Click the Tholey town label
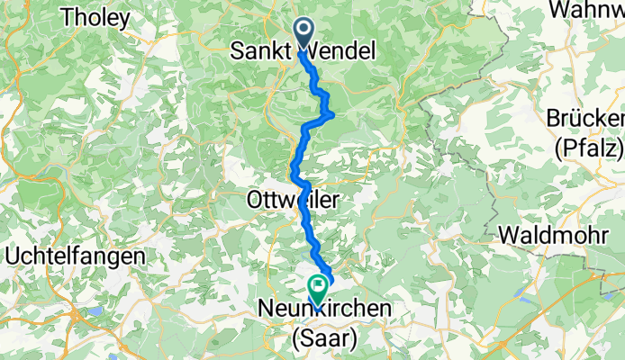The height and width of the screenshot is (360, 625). [x=95, y=17]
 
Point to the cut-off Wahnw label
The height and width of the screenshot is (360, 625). [x=585, y=9]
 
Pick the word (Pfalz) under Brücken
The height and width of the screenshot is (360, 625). [x=590, y=145]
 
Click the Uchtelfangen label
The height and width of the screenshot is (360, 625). [x=75, y=256]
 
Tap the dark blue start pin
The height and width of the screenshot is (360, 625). [x=303, y=34]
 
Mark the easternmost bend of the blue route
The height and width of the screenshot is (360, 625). [x=335, y=113]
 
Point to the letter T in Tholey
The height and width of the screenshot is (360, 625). [x=65, y=17]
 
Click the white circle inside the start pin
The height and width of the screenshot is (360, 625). [x=303, y=31]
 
